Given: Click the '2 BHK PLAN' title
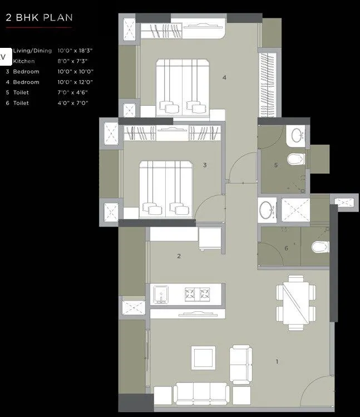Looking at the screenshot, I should click(39, 17).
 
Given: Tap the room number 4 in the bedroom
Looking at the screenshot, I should click(224, 77).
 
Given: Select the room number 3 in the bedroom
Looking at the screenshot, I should click(205, 165).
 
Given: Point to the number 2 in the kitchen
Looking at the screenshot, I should click(179, 256).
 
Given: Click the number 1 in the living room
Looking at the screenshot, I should click(277, 362).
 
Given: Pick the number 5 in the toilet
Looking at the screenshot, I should click(275, 165).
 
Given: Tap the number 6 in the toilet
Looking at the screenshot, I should click(286, 248).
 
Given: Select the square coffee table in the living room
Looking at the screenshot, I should click(203, 356).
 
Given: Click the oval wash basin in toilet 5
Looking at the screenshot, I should click(297, 135).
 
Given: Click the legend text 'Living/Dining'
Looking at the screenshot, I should click(32, 51).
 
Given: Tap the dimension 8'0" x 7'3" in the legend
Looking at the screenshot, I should click(72, 61).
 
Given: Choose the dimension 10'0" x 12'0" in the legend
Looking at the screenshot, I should click(75, 82).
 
